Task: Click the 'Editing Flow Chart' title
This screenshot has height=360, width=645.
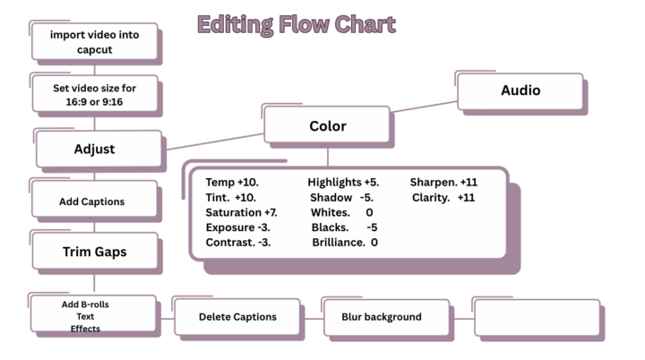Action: tap(297, 25)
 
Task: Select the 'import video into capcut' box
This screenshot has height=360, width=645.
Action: tap(95, 41)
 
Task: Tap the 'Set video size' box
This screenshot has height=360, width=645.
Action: tap(95, 94)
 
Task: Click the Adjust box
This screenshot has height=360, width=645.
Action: tap(99, 149)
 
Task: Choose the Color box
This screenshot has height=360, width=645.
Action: tap(327, 124)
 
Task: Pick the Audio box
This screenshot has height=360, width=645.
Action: tap(520, 91)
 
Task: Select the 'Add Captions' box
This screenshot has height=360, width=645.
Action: tap(95, 199)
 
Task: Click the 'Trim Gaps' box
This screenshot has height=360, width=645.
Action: tap(95, 251)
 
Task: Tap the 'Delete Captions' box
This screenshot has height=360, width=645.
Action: tap(237, 317)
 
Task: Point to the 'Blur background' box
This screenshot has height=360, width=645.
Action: tap(387, 318)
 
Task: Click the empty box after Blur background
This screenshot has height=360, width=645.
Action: tap(537, 318)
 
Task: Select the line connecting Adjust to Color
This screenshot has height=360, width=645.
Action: tap(215, 141)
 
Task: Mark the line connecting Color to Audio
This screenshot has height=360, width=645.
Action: tap(424, 107)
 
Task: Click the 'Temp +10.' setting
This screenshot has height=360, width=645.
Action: tap(232, 183)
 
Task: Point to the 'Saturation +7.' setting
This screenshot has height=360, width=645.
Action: tap(242, 213)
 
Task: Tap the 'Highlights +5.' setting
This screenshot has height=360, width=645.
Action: tap(343, 183)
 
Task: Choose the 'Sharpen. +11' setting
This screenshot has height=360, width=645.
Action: tap(443, 183)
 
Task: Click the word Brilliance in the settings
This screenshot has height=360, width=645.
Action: tap(338, 243)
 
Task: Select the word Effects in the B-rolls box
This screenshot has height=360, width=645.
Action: tap(85, 329)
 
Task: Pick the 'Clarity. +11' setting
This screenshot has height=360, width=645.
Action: tap(443, 198)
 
